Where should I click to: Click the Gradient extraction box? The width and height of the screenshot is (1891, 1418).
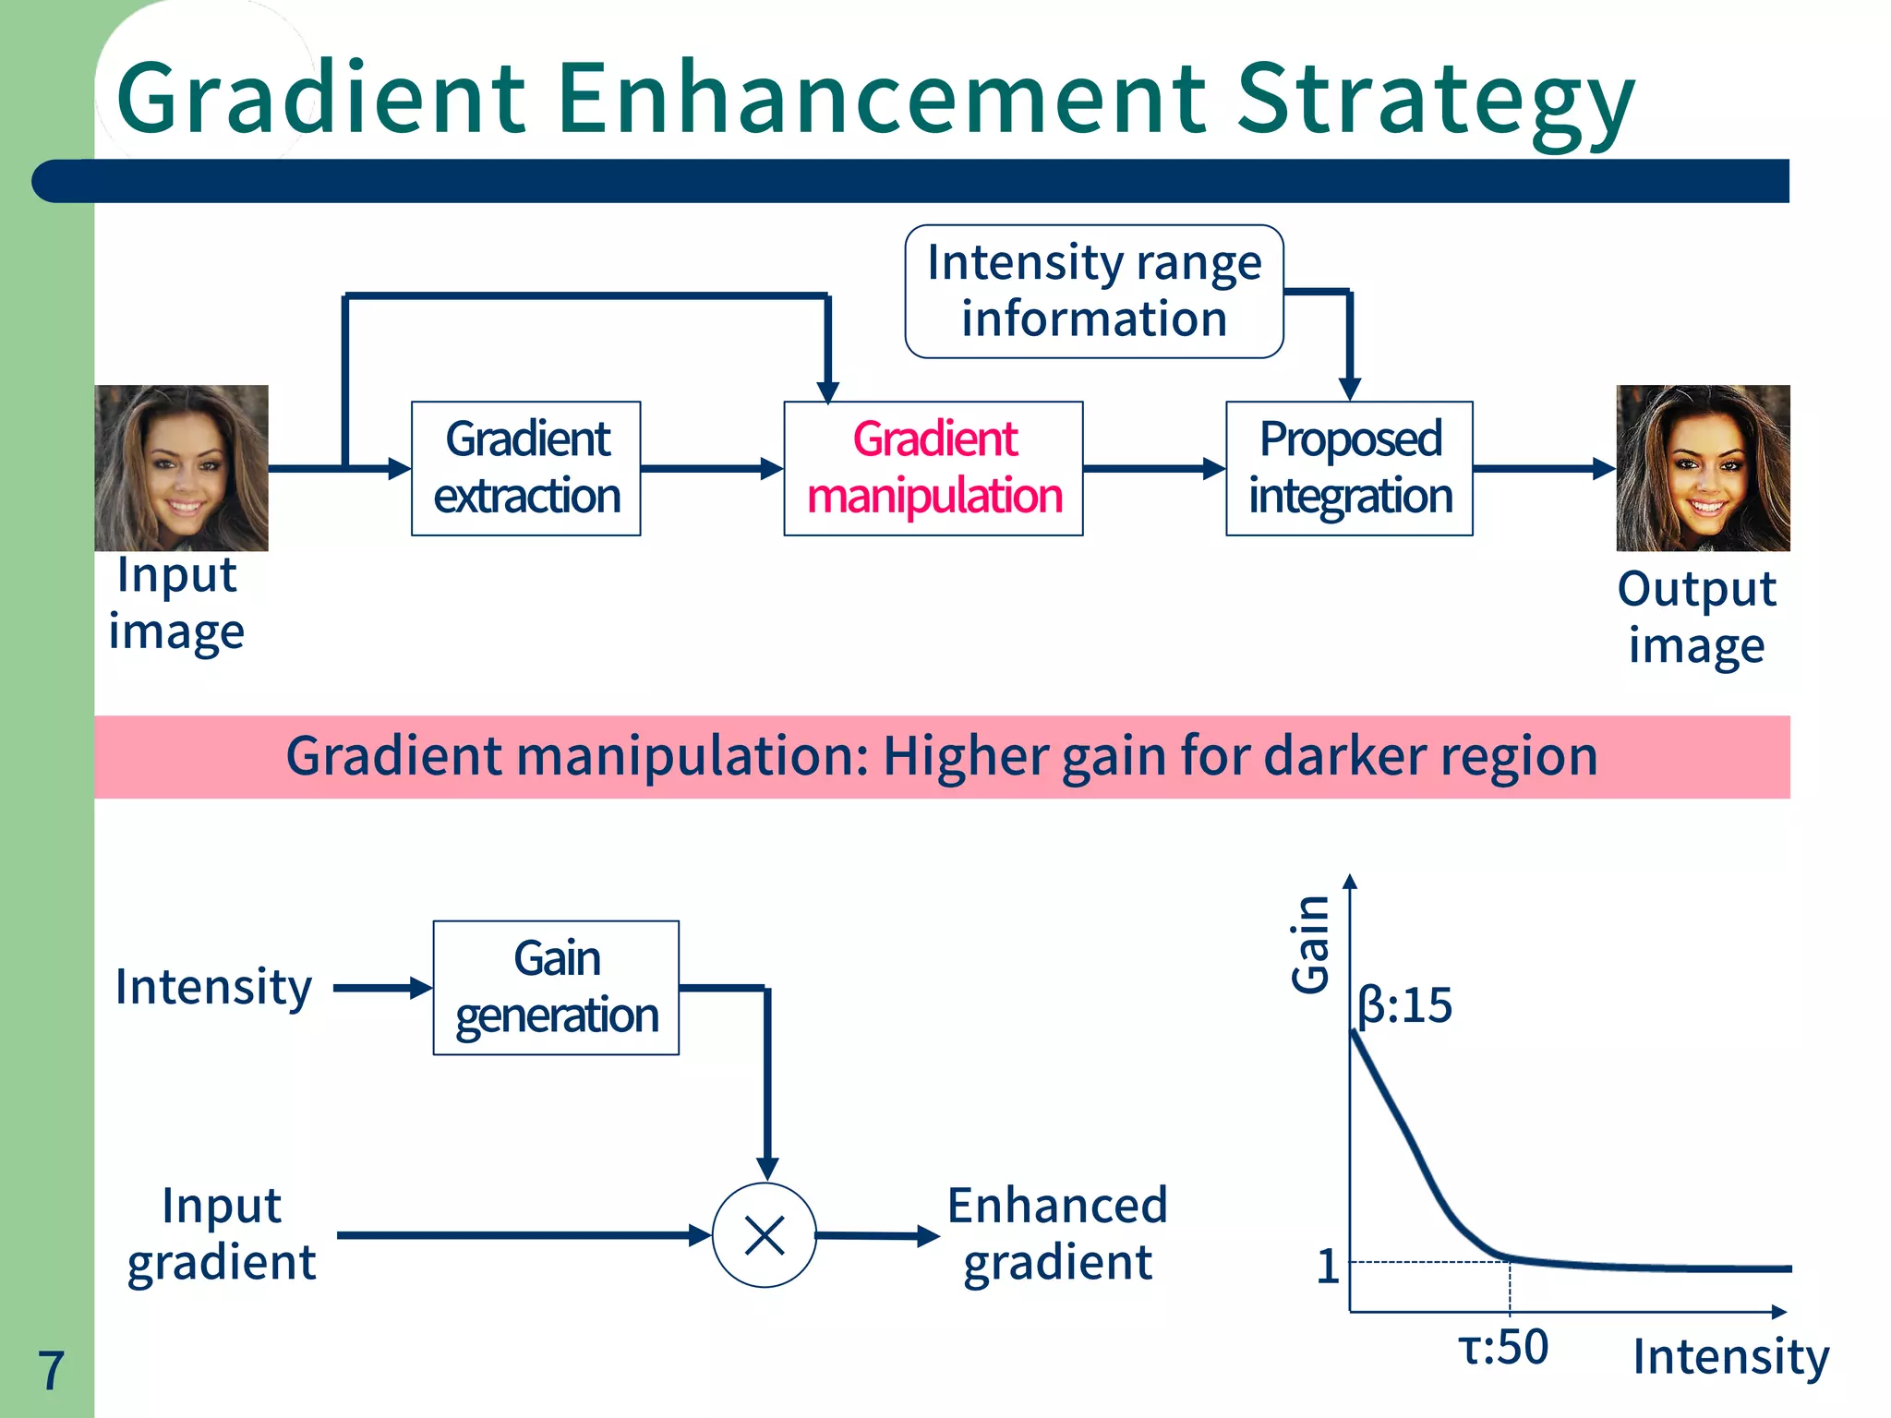point(525,468)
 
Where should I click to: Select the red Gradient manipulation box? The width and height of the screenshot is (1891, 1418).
point(933,468)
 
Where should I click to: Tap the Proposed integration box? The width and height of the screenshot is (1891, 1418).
point(1349,468)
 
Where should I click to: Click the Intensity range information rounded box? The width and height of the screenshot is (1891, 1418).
point(1094,291)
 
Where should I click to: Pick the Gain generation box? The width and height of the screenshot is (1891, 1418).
point(556,987)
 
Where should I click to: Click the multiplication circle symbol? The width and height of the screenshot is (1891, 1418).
point(765,1235)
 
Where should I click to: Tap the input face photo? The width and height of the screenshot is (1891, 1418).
point(181,468)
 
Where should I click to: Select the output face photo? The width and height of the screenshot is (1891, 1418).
point(1703,468)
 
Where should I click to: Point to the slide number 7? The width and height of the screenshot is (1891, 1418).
point(51,1370)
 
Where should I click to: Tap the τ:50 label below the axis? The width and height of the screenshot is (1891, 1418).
point(1502,1347)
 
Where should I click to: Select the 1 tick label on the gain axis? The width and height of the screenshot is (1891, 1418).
point(1327,1266)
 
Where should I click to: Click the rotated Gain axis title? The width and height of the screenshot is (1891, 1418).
point(1310,944)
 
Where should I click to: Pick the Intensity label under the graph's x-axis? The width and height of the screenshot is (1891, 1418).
point(1730,1357)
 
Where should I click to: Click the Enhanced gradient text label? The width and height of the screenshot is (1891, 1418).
point(1057,1233)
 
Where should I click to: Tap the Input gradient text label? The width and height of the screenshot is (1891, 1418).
point(222,1233)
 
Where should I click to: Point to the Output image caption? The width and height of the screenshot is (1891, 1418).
point(1696,617)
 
